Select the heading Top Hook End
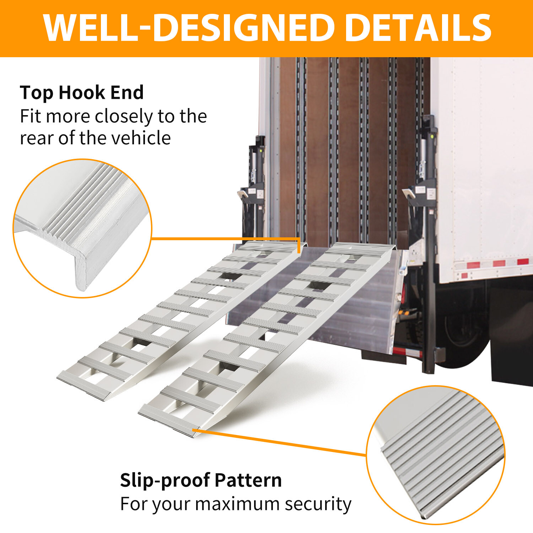click(x=82, y=92)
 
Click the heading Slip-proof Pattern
click(x=201, y=480)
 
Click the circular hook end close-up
click(x=82, y=228)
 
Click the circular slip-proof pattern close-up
click(x=436, y=455)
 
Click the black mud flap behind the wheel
click(x=512, y=359)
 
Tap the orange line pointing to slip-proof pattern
click(x=281, y=442)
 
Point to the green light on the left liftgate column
click(x=260, y=151)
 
